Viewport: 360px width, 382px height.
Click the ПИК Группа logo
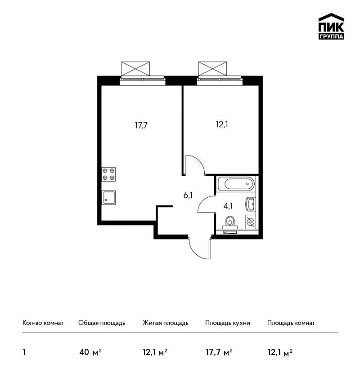pyautogui.click(x=331, y=27)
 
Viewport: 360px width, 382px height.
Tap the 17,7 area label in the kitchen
pyautogui.click(x=141, y=125)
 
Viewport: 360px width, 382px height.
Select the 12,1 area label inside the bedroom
pyautogui.click(x=222, y=124)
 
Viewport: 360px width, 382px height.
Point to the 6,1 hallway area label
pyautogui.click(x=188, y=195)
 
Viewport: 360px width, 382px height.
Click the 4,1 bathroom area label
pyautogui.click(x=228, y=206)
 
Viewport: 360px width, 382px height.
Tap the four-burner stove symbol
pyautogui.click(x=108, y=174)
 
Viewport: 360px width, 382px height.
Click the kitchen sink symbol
pyautogui.click(x=108, y=198)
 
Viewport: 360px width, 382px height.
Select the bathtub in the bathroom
pyautogui.click(x=236, y=184)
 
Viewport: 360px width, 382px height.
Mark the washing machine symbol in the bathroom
pyautogui.click(x=250, y=222)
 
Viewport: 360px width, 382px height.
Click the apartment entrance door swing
pyautogui.click(x=199, y=248)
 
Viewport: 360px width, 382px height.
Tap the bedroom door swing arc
pyautogui.click(x=195, y=164)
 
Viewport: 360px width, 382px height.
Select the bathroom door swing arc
pyautogui.click(x=207, y=204)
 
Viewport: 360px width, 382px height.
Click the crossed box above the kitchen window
pyautogui.click(x=135, y=69)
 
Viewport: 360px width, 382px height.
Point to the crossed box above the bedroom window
pyautogui.click(x=213, y=69)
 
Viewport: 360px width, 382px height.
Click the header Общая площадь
pyautogui.click(x=102, y=323)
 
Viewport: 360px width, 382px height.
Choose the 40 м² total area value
pyautogui.click(x=90, y=352)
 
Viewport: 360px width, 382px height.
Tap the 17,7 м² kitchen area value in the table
pyautogui.click(x=219, y=352)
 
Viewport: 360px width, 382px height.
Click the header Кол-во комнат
pyautogui.click(x=43, y=323)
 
